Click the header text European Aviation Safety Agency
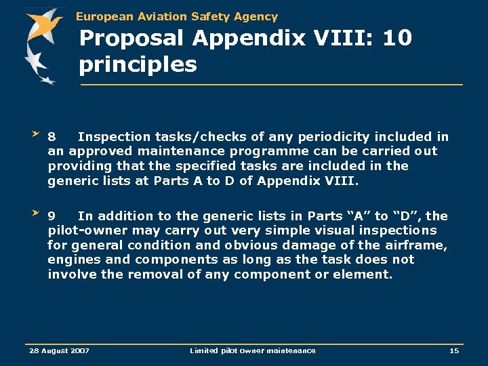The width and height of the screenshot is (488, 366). coord(177,16)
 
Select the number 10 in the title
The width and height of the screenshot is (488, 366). coord(396,38)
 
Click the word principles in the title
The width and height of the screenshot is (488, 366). coord(138,65)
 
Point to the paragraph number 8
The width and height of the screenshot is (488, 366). coord(52,137)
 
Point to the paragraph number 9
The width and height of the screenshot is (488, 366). coord(52,216)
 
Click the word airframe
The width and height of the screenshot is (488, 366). coord(418,245)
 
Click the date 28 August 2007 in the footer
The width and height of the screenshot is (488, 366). coord(58,350)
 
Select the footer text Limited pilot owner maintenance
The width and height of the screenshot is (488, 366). coord(252,350)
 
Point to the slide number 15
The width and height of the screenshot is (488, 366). coord(453,350)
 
